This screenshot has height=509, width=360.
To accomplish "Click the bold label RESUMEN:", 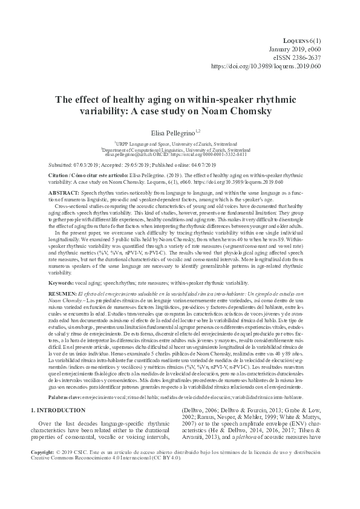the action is (47, 293).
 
